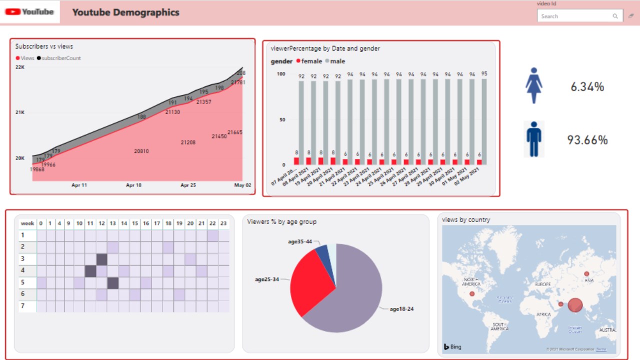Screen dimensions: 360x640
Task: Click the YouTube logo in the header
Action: (x=30, y=12)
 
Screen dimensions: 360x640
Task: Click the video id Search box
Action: (x=575, y=16)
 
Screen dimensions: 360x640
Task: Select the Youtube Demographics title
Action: (x=125, y=12)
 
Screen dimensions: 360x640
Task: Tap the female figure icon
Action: (x=533, y=85)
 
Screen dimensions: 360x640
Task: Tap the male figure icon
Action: (x=534, y=139)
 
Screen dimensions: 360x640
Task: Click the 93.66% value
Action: (x=587, y=140)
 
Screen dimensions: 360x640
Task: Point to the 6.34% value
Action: (x=587, y=87)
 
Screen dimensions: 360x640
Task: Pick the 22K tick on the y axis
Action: (x=20, y=67)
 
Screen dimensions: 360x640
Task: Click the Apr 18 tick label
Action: (x=133, y=185)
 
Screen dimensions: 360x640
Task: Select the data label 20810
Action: (x=141, y=151)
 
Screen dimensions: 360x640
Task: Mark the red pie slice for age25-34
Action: (x=312, y=282)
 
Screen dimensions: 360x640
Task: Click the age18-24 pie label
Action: (x=401, y=309)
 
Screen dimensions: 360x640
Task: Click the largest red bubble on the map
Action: (x=575, y=305)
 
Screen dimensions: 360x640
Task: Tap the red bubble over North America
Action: (x=471, y=293)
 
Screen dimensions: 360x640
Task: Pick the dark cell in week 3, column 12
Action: (x=101, y=259)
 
